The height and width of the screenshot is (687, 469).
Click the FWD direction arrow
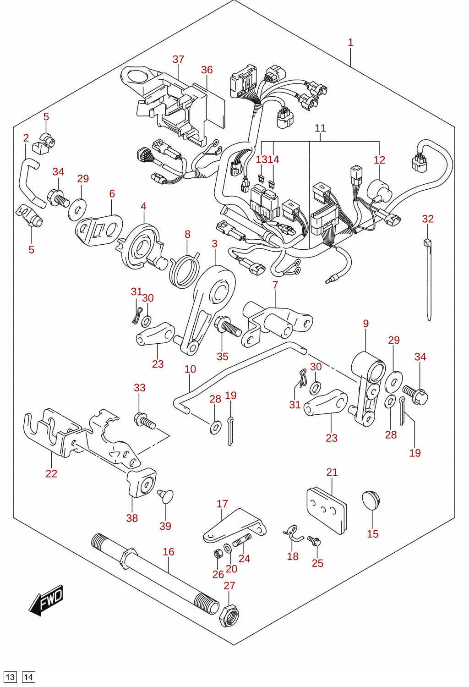tap(46, 600)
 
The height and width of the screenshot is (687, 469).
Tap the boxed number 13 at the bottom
tap(10, 677)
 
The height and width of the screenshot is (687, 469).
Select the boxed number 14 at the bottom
tap(28, 677)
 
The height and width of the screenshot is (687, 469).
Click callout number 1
tap(351, 42)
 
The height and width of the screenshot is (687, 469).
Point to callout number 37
tap(178, 59)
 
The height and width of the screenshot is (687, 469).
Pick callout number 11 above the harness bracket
tap(320, 128)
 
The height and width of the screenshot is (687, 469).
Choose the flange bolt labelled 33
tap(145, 421)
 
